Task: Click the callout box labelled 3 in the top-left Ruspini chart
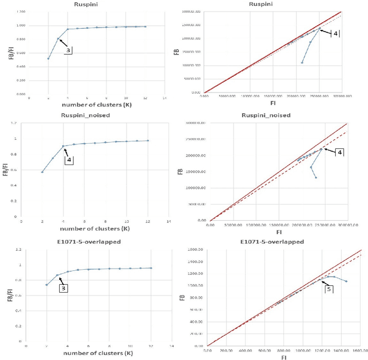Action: (67, 51)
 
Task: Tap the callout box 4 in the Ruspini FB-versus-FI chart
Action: (336, 33)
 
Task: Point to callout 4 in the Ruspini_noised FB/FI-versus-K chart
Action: (69, 160)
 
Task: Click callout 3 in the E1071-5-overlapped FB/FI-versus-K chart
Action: (63, 288)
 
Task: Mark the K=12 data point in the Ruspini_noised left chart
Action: (148, 140)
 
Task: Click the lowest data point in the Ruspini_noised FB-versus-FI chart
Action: (316, 177)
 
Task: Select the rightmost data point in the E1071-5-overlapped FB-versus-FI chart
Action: (346, 281)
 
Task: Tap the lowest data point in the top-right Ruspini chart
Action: (302, 63)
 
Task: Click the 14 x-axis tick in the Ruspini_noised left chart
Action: (168, 221)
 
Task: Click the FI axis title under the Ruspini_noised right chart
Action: (278, 232)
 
